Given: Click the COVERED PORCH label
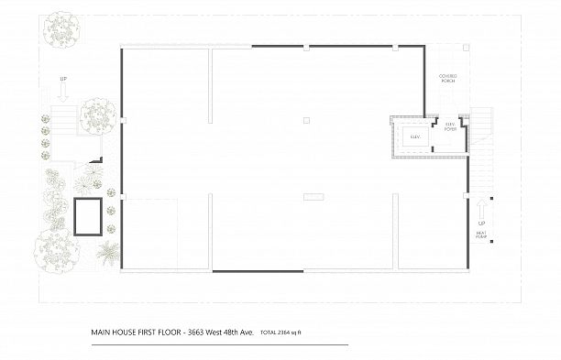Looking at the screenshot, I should tap(447, 79).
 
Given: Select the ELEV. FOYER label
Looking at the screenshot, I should tap(450, 128).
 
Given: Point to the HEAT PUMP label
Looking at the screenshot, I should tap(481, 236).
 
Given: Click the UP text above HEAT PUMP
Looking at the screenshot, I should tap(481, 223).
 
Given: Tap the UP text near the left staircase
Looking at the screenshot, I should tap(63, 81).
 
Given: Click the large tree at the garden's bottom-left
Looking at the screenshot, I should tap(56, 247).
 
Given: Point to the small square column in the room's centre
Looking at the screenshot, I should tap(306, 120).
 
